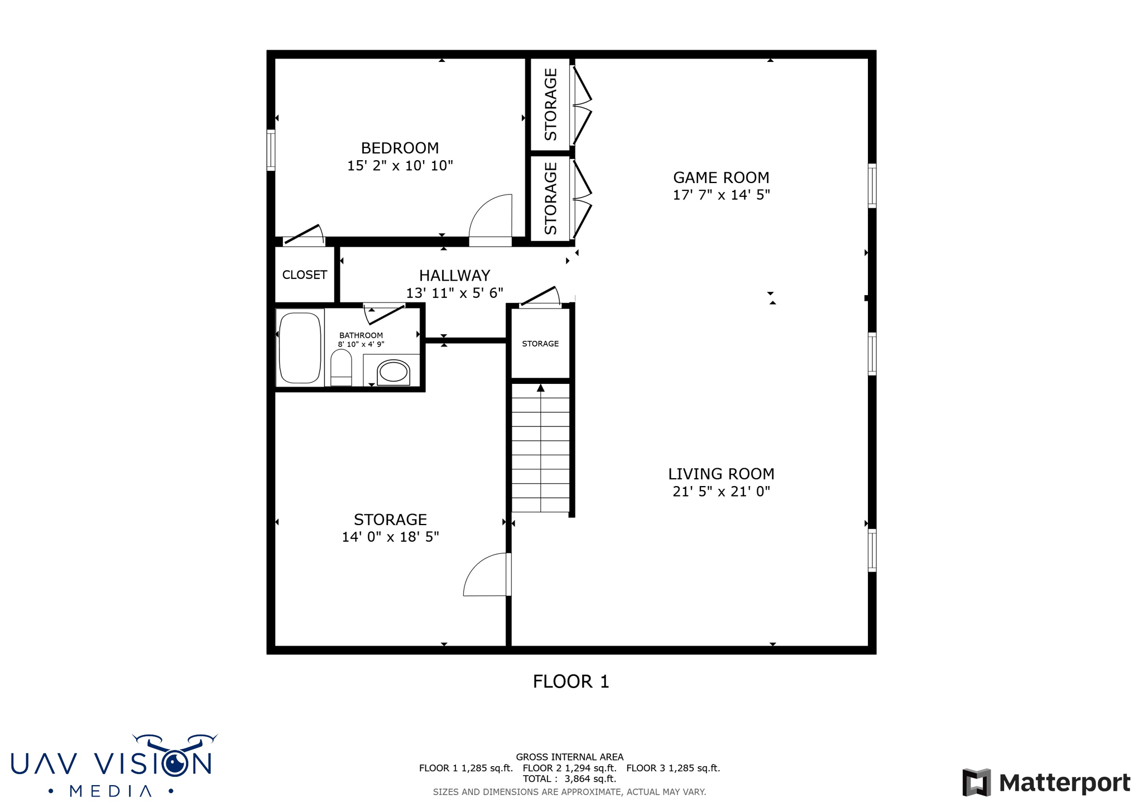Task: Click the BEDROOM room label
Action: point(400,148)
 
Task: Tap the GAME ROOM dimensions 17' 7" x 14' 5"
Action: point(721,195)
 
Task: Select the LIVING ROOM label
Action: point(721,474)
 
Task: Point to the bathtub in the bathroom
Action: point(300,348)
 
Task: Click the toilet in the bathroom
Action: point(341,368)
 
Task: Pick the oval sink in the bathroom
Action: point(393,372)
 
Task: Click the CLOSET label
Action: point(304,275)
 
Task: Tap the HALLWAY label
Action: point(454,275)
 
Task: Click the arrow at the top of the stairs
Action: point(540,388)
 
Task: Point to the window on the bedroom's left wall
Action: point(271,150)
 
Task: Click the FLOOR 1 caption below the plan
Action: point(570,681)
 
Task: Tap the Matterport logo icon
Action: point(976,782)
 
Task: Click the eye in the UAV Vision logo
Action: point(176,762)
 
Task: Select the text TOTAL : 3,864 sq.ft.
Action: point(569,779)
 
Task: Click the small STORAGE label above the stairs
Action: point(540,344)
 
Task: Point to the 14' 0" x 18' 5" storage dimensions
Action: point(390,537)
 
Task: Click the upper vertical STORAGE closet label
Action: point(550,104)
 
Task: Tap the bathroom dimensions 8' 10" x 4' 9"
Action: point(361,344)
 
